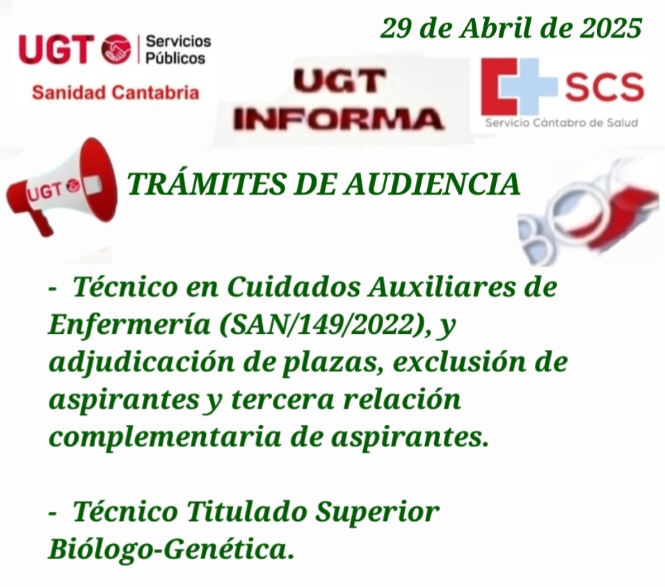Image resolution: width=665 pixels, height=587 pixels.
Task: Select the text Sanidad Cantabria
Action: (x=115, y=92)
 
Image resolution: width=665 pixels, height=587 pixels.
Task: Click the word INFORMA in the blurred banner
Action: (x=337, y=119)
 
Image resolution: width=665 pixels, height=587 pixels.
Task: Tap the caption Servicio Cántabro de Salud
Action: (x=561, y=123)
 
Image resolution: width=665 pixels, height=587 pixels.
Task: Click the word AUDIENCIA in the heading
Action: (x=432, y=184)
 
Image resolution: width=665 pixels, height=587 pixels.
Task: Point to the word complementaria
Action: (x=165, y=438)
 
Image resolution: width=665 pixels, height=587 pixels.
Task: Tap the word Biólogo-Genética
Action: (x=171, y=549)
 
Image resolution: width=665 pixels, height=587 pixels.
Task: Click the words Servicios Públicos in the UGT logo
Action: (x=178, y=49)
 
